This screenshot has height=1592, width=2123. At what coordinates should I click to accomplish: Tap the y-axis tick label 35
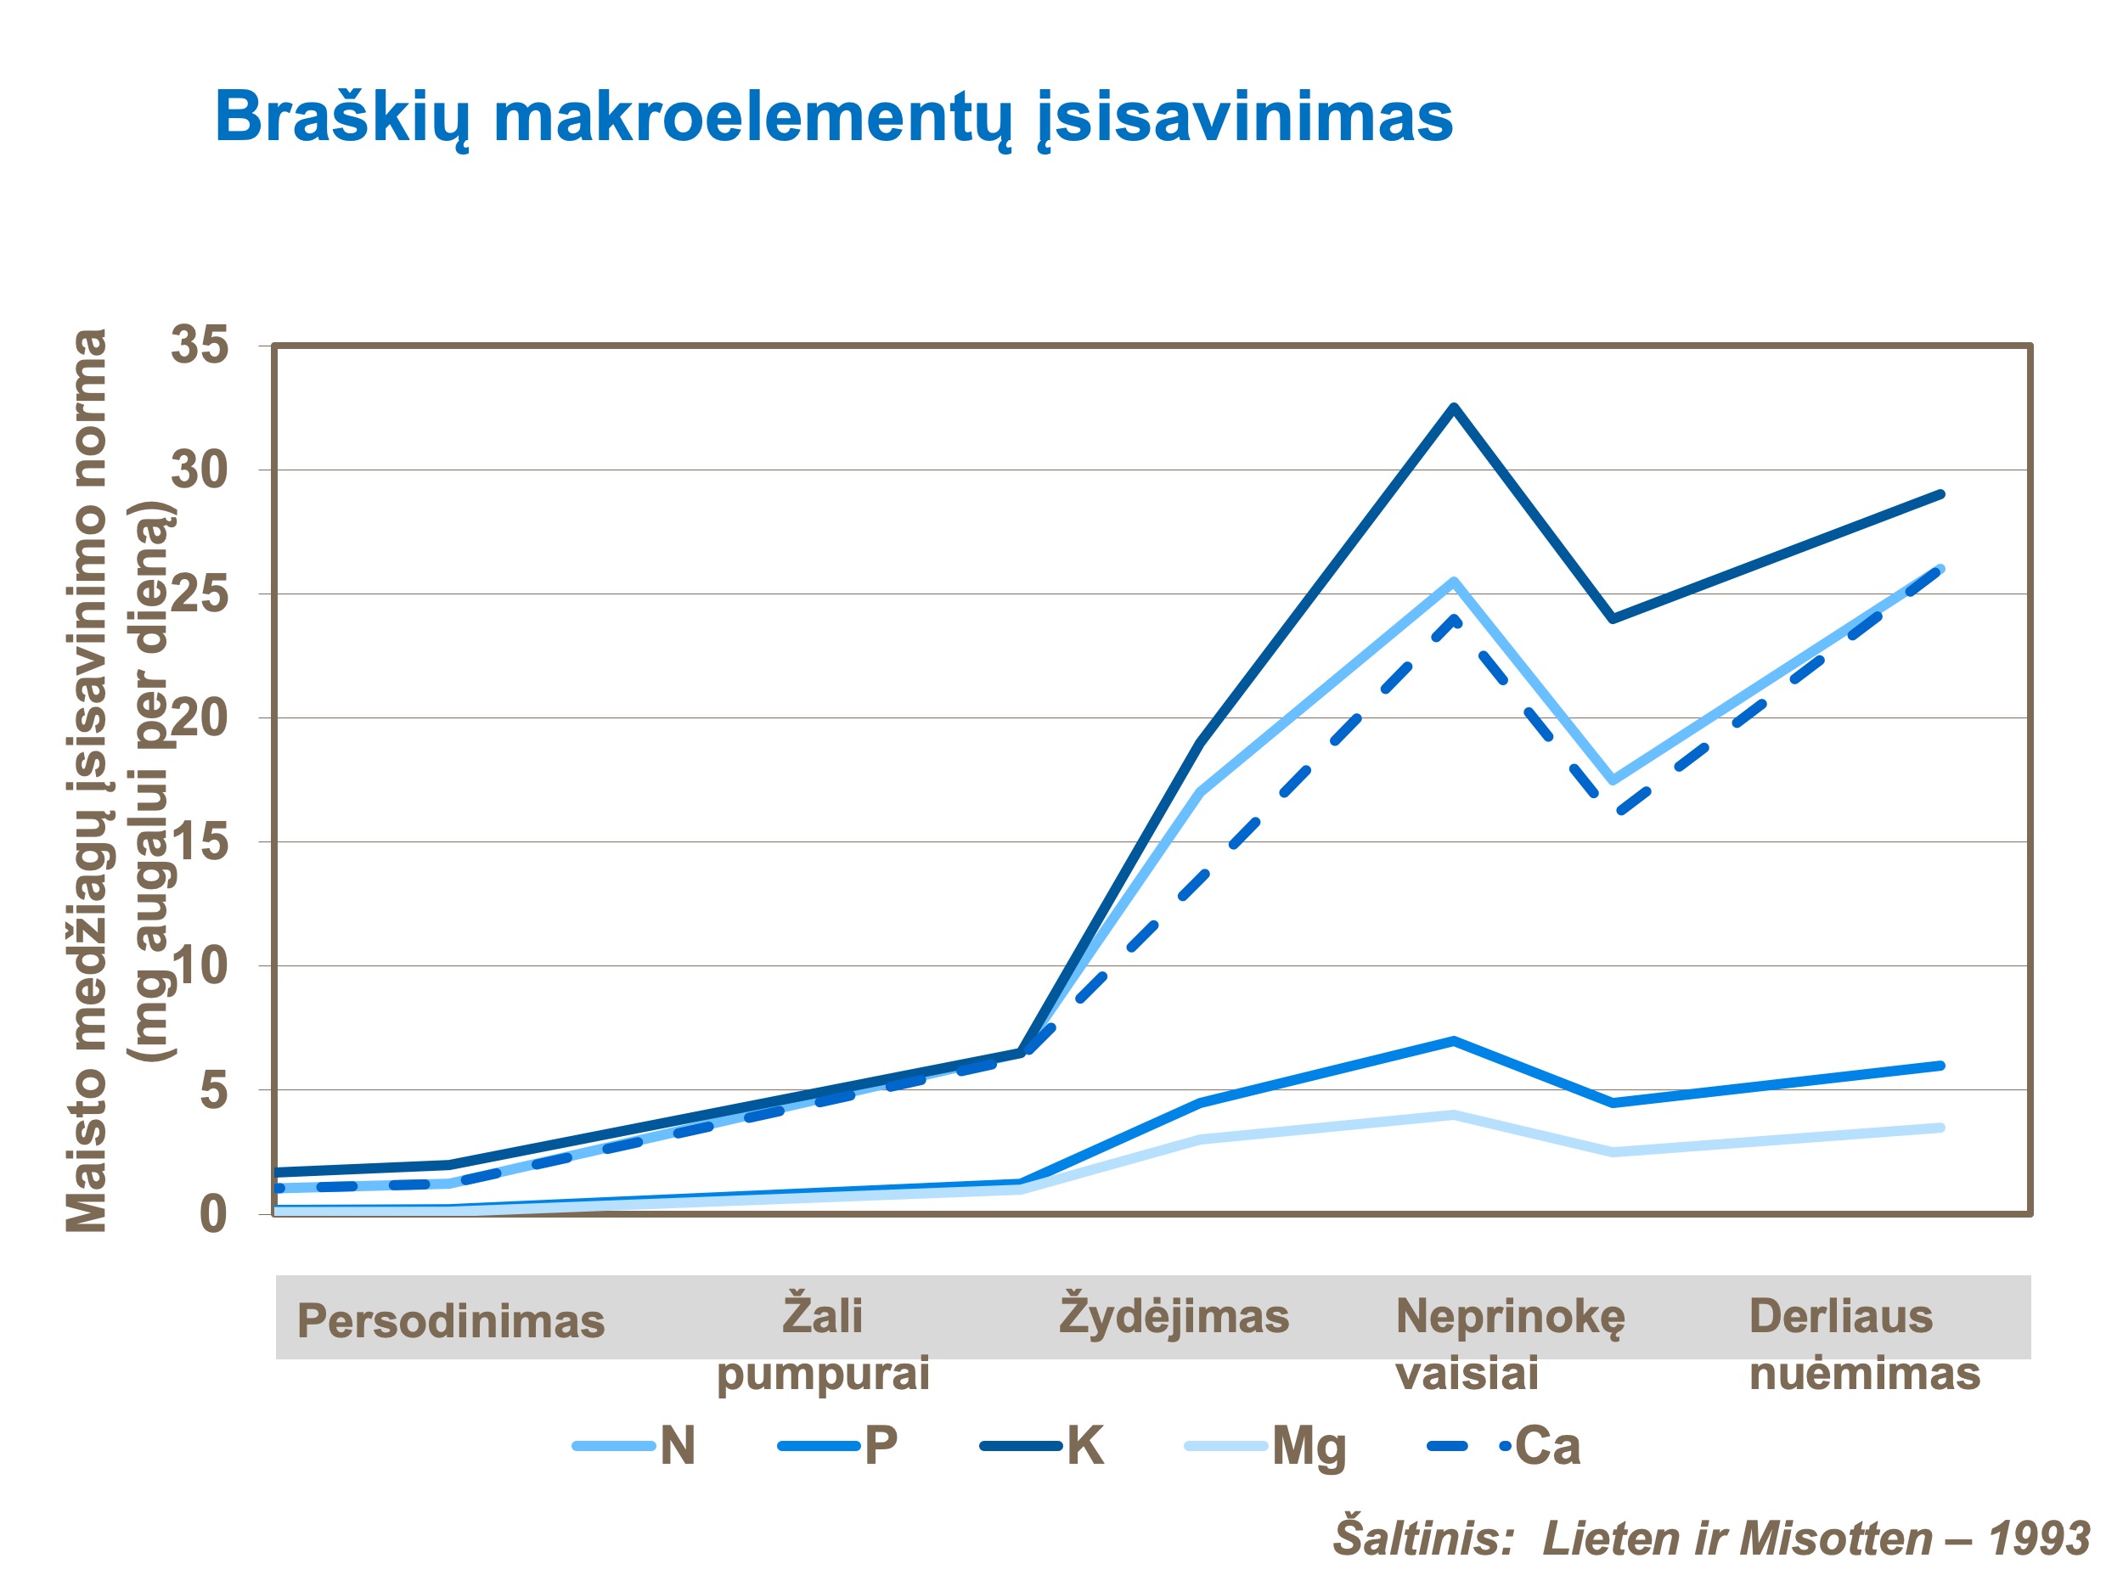click(x=200, y=345)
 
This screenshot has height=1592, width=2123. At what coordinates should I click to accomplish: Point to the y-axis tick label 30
click(x=200, y=470)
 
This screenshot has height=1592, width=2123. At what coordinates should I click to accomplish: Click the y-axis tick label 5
click(x=214, y=1091)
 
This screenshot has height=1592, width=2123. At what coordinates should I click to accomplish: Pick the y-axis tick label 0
click(x=214, y=1215)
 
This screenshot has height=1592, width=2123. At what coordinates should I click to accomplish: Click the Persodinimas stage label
click(x=451, y=1321)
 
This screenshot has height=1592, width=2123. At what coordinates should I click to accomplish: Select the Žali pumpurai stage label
click(x=823, y=1343)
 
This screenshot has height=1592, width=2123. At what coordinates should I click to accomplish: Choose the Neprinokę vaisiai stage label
click(x=1510, y=1343)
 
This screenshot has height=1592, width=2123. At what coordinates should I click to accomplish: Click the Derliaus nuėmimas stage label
click(x=1864, y=1343)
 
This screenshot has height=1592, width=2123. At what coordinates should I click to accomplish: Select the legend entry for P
click(x=838, y=1446)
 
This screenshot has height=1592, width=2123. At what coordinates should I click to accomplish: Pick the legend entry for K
click(x=1042, y=1446)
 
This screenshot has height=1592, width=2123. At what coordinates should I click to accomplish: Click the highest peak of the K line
click(x=1455, y=407)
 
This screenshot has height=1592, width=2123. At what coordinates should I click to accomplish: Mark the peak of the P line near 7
click(x=1455, y=1040)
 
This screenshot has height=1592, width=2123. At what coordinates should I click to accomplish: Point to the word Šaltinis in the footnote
click(x=1422, y=1539)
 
